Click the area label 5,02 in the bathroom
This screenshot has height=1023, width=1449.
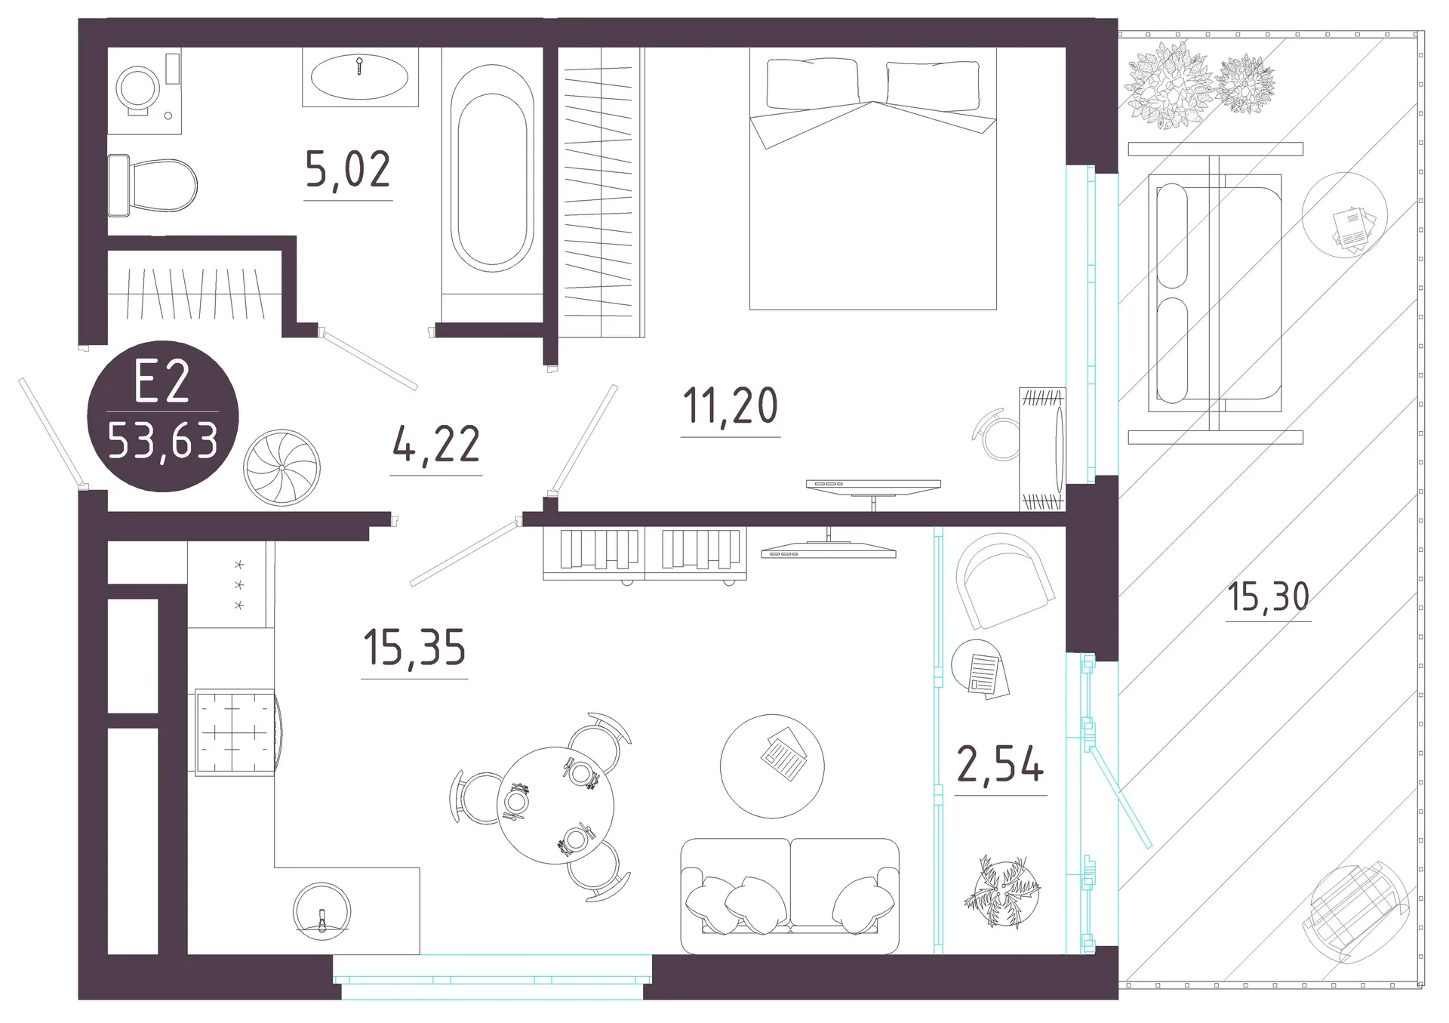point(348,169)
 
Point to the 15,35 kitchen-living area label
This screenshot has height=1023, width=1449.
point(414,647)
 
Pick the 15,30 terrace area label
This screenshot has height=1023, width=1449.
point(1269,596)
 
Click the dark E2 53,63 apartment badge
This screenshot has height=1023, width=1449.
point(163,416)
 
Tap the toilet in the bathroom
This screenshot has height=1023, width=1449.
point(153,184)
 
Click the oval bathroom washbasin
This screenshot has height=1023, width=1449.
point(360,76)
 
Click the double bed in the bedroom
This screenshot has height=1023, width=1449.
point(873,179)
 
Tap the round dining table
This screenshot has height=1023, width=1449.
point(555,805)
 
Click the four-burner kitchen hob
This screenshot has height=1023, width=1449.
point(235,732)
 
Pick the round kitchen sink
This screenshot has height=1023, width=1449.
point(322,911)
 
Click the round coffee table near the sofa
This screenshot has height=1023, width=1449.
point(772,766)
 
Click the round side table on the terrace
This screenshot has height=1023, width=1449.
point(1345,215)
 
